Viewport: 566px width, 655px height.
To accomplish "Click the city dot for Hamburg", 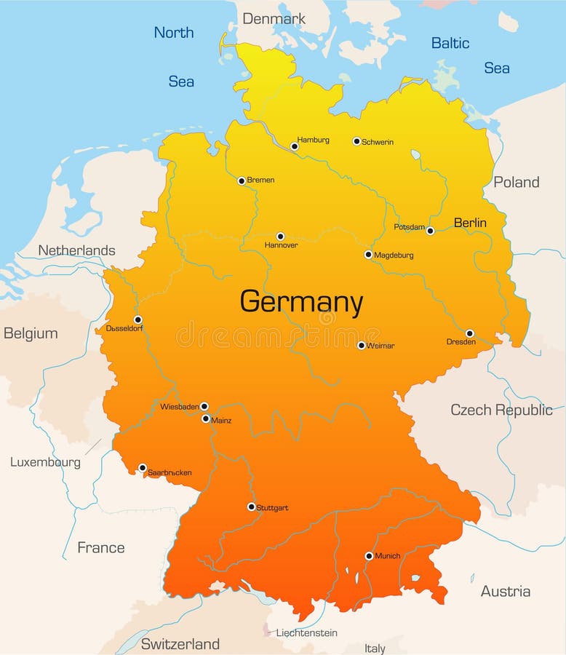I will (295, 146).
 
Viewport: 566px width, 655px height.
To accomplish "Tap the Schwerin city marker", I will (356, 141).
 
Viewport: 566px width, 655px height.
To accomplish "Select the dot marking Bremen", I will (242, 180).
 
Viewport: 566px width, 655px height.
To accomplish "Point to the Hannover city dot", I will (280, 237).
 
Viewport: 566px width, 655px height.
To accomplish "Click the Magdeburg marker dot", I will (368, 255).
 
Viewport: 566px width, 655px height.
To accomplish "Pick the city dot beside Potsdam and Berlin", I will (430, 231).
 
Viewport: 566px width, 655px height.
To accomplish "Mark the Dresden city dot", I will (469, 333).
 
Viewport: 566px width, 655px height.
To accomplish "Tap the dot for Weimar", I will (361, 345).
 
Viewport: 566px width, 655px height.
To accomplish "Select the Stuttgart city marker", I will (251, 507).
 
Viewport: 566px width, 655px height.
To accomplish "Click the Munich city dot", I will (369, 556).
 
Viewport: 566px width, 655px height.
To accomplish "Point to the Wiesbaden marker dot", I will (204, 406).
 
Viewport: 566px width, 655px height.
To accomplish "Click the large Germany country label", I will (301, 302).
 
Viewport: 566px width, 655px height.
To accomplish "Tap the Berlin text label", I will (470, 223).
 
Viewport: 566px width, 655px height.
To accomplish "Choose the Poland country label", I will (517, 182).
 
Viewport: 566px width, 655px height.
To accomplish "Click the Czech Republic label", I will (501, 410).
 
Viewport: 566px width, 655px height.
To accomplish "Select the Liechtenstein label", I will (306, 632).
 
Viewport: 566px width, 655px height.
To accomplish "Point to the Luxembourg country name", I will (45, 462).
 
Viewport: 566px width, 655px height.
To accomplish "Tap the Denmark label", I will (274, 19).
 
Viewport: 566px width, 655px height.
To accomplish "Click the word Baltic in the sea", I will (450, 43).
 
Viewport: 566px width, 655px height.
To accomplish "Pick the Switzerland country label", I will (180, 644).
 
